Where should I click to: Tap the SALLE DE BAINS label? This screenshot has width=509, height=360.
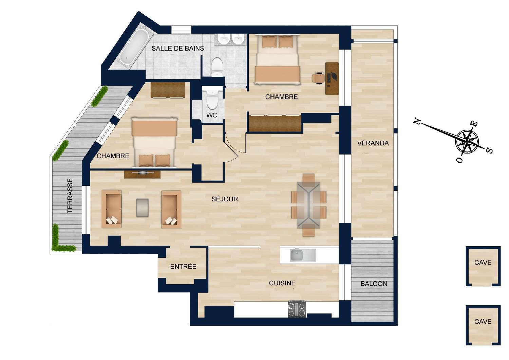click(x=178, y=48)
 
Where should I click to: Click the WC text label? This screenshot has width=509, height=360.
click(x=212, y=115)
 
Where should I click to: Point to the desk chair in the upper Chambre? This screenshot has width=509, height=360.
click(x=318, y=77)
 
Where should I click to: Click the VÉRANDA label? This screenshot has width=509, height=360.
click(x=373, y=143)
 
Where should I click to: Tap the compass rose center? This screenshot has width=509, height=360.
click(x=468, y=140)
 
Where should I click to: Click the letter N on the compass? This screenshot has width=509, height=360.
click(x=417, y=122)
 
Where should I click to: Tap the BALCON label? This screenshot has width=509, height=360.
click(x=374, y=284)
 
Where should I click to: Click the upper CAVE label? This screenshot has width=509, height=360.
click(x=483, y=262)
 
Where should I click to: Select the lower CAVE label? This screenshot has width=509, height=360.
click(x=483, y=321)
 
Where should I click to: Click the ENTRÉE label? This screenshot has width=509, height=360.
click(x=183, y=267)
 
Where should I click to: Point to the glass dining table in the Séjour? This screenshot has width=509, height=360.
click(x=308, y=205)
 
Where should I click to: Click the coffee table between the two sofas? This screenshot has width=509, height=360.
click(x=142, y=208)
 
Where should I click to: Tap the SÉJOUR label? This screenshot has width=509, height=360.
click(x=225, y=199)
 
